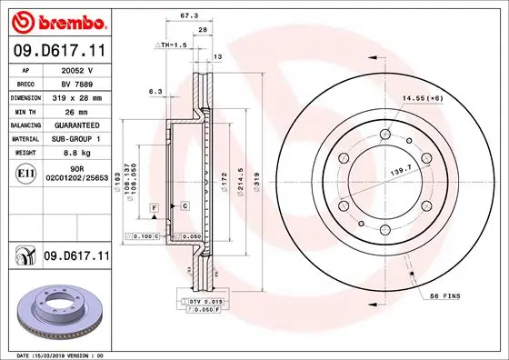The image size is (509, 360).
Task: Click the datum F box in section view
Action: click(155, 208)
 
